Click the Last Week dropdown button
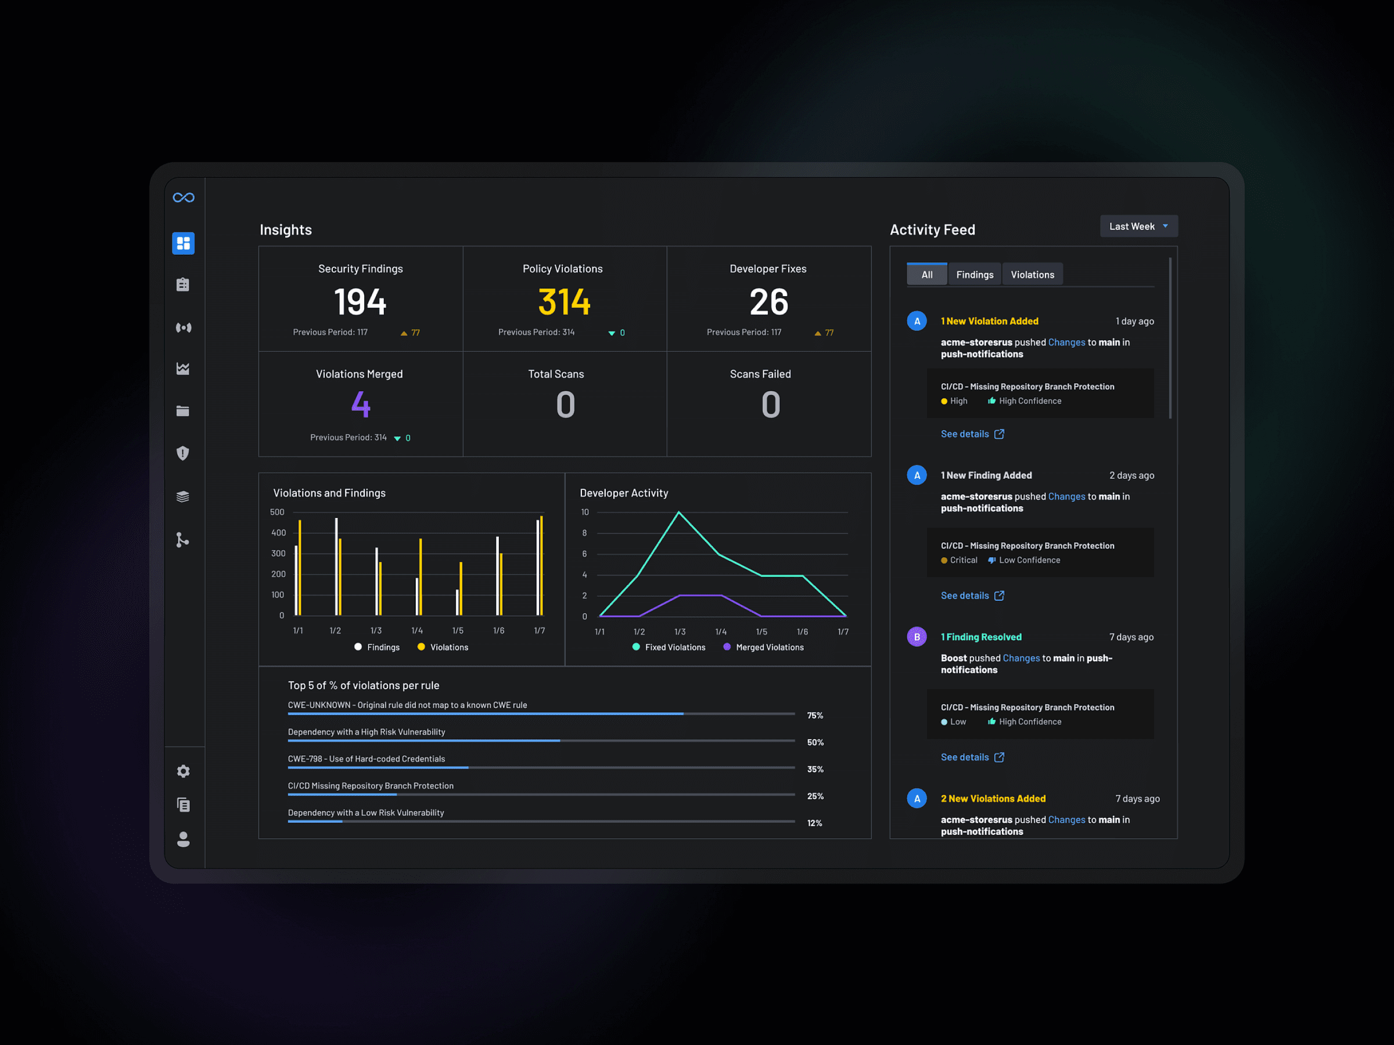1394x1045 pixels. pyautogui.click(x=1138, y=226)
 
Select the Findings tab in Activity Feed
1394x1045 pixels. pyautogui.click(x=974, y=275)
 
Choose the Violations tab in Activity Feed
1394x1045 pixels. pyautogui.click(x=1032, y=275)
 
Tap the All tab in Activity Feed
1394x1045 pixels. pyautogui.click(x=926, y=275)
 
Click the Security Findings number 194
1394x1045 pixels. pyautogui.click(x=360, y=302)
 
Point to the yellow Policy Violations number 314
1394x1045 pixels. pyautogui.click(x=564, y=302)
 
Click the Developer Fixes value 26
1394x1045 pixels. pyautogui.click(x=768, y=302)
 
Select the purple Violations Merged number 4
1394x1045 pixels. pyautogui.click(x=361, y=405)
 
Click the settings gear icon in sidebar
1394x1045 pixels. pyautogui.click(x=184, y=771)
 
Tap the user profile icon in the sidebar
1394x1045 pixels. pyautogui.click(x=184, y=839)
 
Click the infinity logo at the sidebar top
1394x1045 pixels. pyautogui.click(x=184, y=198)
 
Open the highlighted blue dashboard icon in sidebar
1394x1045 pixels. pyautogui.click(x=184, y=243)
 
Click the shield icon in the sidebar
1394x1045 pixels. pyautogui.click(x=184, y=453)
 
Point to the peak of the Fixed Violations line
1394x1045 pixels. pyautogui.click(x=679, y=512)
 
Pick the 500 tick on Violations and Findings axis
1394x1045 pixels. pyautogui.click(x=277, y=512)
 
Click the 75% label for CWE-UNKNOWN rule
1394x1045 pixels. pyautogui.click(x=815, y=716)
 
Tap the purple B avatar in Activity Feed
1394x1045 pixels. pyautogui.click(x=917, y=637)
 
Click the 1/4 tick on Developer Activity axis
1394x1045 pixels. pyautogui.click(x=721, y=632)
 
